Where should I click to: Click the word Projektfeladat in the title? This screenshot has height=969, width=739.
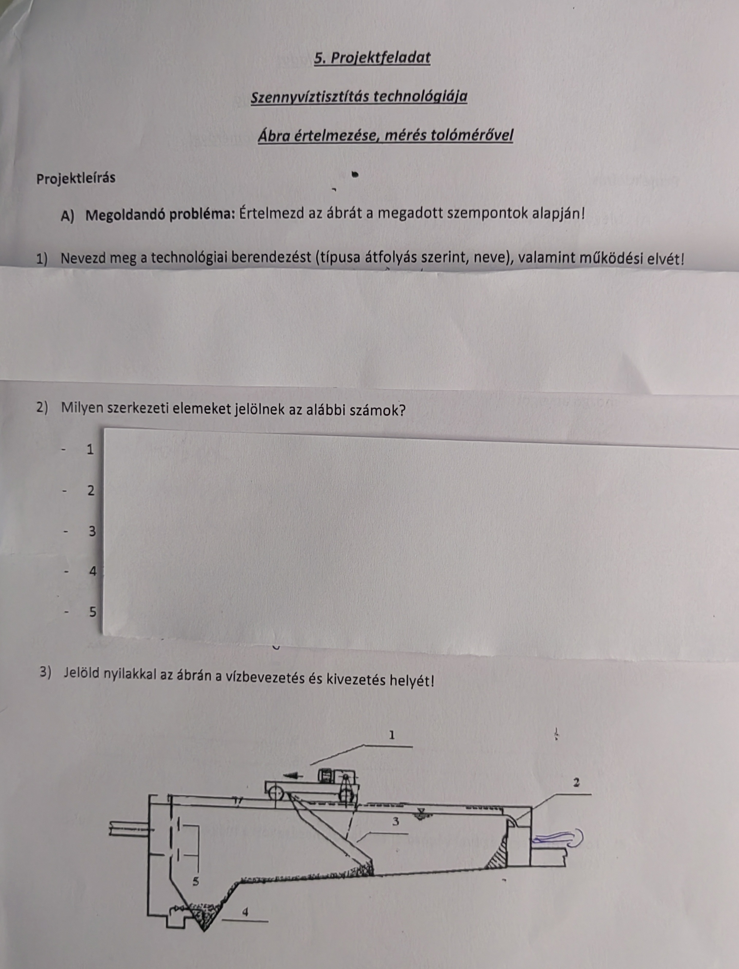pos(380,58)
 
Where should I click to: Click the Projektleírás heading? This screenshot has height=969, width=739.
pos(76,178)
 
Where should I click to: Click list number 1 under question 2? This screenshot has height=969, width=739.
pos(90,449)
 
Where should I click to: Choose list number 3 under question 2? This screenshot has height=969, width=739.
pos(91,531)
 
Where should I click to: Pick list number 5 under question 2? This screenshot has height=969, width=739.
pos(92,611)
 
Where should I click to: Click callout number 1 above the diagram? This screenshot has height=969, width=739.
pos(392,734)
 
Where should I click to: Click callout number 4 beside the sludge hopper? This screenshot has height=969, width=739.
pos(245,912)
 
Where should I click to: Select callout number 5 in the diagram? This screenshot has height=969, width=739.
pos(196,881)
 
